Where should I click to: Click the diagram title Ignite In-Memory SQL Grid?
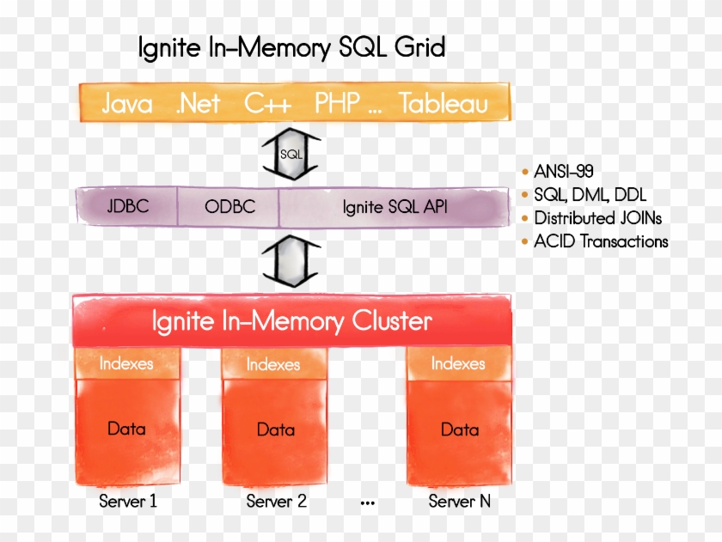[x=292, y=48]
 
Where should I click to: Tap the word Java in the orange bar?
[x=127, y=105]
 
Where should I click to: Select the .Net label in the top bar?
[x=198, y=105]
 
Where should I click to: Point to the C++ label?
[x=267, y=105]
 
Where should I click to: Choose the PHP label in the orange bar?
[x=337, y=105]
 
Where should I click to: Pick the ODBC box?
[x=229, y=207]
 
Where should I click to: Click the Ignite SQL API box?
[x=394, y=207]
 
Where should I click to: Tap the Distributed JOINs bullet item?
[x=597, y=217]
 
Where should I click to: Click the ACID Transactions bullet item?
[x=601, y=241]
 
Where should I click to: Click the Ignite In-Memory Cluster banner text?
[x=291, y=322]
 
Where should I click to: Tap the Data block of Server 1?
[x=126, y=428]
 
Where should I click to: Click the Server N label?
[x=459, y=502]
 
